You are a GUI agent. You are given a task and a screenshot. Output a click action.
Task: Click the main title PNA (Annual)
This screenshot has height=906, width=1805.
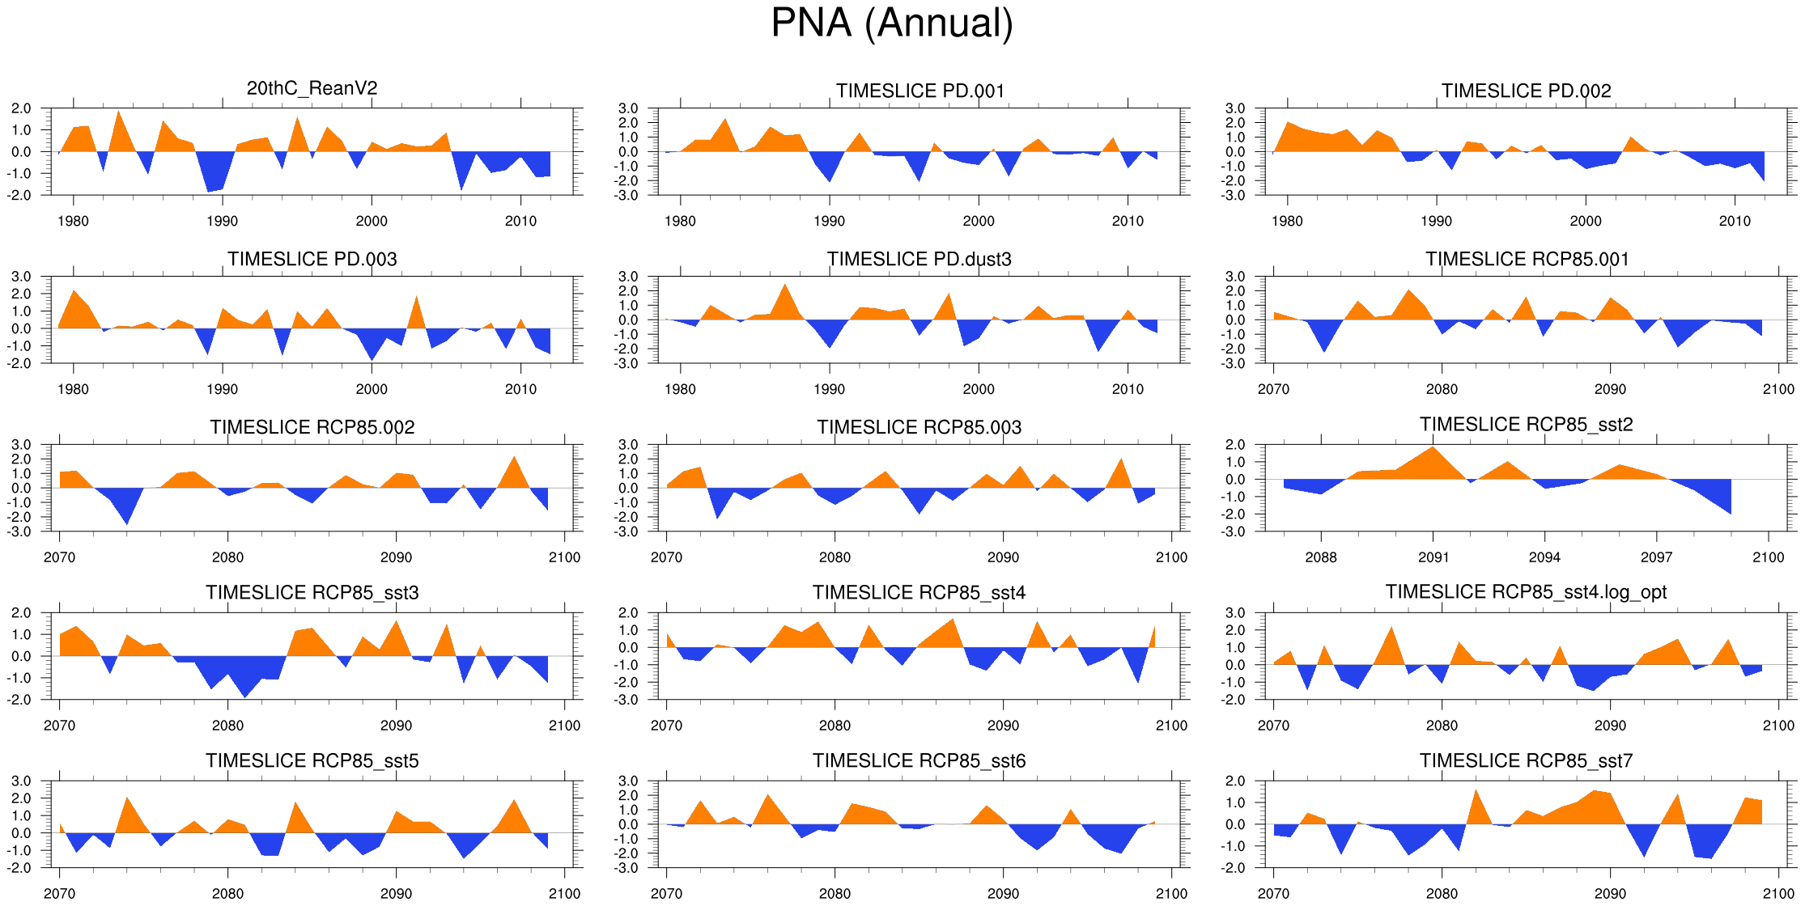tap(891, 23)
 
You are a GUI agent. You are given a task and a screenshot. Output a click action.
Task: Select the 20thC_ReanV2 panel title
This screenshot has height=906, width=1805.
tap(312, 88)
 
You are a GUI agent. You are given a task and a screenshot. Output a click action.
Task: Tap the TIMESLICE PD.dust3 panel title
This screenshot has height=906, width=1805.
tap(919, 259)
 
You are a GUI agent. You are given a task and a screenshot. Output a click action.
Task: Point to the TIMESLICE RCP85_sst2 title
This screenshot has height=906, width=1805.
tap(1526, 425)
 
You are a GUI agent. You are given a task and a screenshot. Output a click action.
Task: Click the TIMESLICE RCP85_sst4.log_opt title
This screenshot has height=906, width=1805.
tap(1526, 592)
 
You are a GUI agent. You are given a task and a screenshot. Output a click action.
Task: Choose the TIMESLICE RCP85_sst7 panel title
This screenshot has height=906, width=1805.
tap(1526, 760)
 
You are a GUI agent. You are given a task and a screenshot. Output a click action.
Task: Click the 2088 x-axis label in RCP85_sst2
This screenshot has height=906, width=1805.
tap(1321, 557)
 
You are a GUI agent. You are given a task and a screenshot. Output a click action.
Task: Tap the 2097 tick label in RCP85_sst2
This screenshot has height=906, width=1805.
tap(1656, 557)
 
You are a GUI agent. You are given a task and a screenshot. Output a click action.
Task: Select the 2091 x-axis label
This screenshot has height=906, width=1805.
tap(1433, 557)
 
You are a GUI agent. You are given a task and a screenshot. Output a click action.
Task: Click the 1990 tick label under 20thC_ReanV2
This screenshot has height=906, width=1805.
tap(222, 221)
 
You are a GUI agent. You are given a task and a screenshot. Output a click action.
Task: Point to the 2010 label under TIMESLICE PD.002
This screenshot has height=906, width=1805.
tap(1735, 221)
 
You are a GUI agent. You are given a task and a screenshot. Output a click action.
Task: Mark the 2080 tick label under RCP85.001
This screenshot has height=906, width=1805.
tap(1442, 389)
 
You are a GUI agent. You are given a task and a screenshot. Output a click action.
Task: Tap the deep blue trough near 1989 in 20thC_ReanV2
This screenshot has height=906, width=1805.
tap(210, 186)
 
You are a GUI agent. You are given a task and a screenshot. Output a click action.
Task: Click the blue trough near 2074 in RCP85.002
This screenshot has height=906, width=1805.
tap(126, 518)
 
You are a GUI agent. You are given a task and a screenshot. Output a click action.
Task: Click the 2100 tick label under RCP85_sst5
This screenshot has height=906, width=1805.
tap(564, 893)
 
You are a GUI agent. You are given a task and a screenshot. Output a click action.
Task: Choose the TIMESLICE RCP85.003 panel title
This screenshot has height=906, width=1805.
tap(919, 427)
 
